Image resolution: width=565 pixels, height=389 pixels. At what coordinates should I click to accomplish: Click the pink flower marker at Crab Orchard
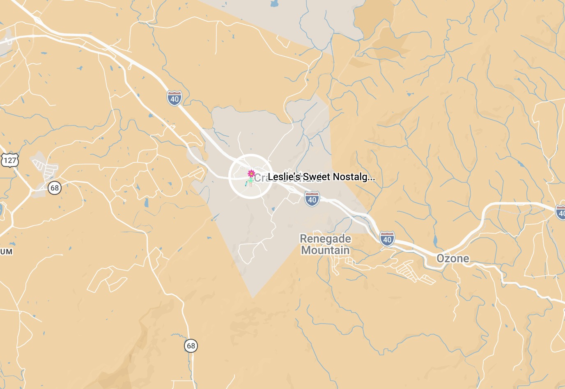[x=251, y=174]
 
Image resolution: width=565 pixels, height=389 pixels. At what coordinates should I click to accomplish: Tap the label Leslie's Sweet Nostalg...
[x=321, y=177]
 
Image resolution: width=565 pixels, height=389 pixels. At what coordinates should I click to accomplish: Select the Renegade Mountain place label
[x=325, y=244]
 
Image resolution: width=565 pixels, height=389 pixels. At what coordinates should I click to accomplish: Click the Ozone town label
[x=452, y=258]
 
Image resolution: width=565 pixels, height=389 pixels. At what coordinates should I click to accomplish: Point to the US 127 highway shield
[x=10, y=160]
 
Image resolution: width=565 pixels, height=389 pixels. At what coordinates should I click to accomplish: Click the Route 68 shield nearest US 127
[x=54, y=188]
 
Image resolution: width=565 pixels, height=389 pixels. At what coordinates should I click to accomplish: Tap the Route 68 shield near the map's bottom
[x=191, y=345]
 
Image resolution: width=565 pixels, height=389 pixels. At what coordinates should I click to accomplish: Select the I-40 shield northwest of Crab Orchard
[x=175, y=99]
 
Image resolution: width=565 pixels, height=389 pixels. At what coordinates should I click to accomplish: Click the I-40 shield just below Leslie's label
[x=312, y=199]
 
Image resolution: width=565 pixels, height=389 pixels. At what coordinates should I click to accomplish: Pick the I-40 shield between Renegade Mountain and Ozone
[x=387, y=239]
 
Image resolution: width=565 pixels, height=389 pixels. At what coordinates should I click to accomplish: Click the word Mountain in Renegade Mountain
[x=325, y=250]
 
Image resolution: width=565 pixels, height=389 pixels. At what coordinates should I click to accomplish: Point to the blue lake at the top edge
[x=274, y=5]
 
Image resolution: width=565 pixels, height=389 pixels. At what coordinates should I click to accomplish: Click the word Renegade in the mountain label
[x=325, y=238]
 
